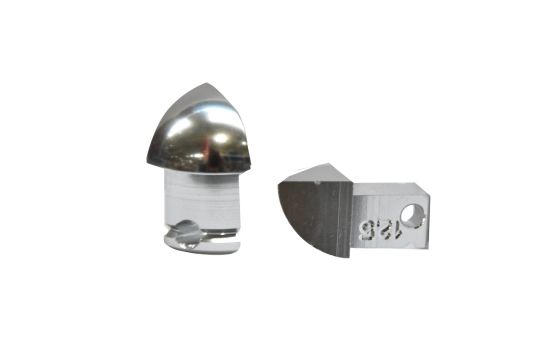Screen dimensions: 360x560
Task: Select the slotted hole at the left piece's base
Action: [x=186, y=235]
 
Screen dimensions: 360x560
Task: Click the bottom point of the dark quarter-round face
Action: [x=344, y=256]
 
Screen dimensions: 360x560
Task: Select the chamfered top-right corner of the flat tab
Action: [x=425, y=190]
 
